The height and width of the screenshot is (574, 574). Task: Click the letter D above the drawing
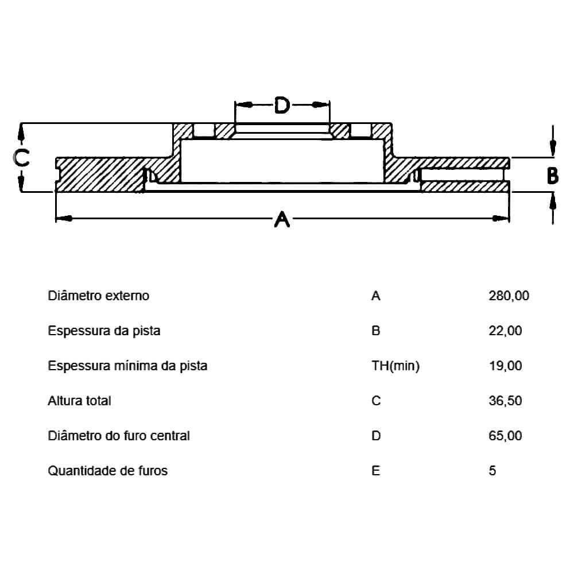coord(282,105)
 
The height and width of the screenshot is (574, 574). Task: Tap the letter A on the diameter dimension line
coord(282,219)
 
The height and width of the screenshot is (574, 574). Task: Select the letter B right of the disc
coord(553,176)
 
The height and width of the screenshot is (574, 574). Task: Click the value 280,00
coord(509,296)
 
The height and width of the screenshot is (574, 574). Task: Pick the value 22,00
coord(505,331)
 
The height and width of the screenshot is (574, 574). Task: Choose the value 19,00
coord(505,365)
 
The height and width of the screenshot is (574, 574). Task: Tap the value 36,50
coord(505,401)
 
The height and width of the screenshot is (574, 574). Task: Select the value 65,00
coord(505,436)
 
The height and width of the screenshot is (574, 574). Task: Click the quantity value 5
coord(492,471)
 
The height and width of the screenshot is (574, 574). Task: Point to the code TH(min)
coord(395,366)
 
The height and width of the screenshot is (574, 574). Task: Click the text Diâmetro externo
coord(99,296)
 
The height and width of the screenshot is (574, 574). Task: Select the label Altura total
coord(79,401)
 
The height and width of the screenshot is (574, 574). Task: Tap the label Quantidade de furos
coord(108,471)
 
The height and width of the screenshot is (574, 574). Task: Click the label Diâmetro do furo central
coord(119,436)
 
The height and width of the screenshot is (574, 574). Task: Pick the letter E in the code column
coord(375,471)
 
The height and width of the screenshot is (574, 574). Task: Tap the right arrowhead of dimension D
coord(321,105)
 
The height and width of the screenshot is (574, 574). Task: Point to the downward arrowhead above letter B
coord(553,148)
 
